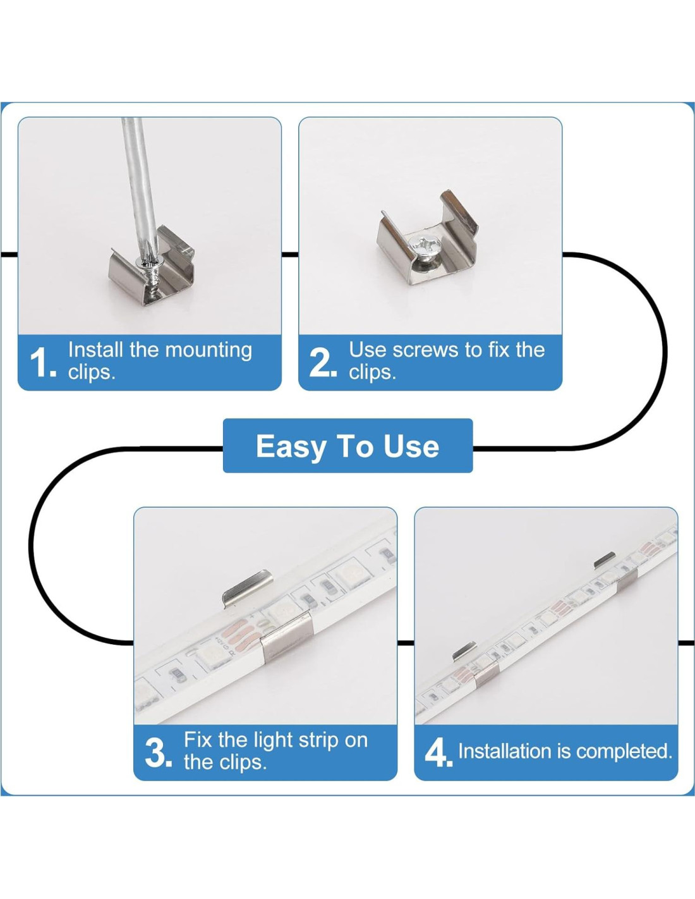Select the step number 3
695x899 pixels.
click(157, 753)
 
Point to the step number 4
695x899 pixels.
click(438, 753)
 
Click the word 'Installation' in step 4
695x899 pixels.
click(505, 751)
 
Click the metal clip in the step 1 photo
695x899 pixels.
click(152, 265)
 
